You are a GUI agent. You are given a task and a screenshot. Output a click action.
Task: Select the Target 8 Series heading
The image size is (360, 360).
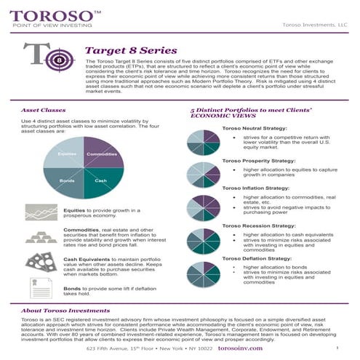point(131,51)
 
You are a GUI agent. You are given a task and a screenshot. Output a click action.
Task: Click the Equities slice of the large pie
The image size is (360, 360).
point(68,155)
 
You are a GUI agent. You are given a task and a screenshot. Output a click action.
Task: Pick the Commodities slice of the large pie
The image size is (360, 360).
point(100,155)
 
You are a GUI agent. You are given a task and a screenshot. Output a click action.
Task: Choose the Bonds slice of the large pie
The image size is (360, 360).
point(68,179)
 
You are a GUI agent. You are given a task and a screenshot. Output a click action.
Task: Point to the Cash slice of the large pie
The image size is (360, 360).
point(100,179)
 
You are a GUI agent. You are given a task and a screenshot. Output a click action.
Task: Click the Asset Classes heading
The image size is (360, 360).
point(40,111)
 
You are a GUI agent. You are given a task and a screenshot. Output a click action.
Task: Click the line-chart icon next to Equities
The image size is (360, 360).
point(39,211)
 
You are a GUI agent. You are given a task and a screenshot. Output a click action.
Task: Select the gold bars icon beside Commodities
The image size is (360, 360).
point(39,236)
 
